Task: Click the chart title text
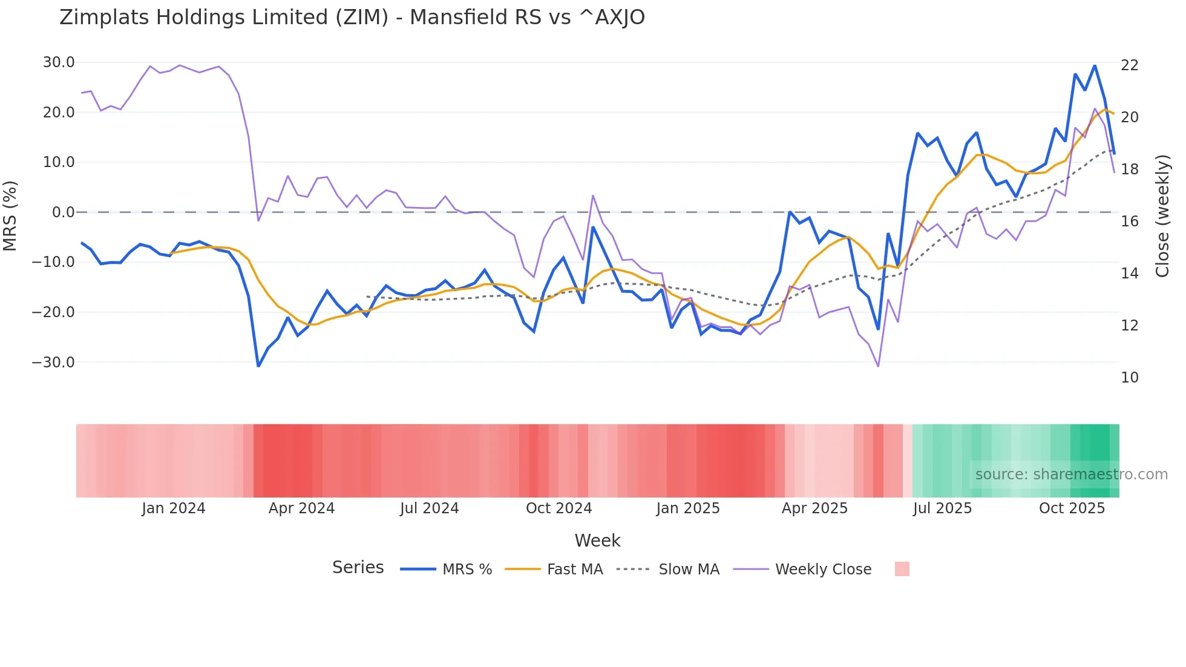[352, 18]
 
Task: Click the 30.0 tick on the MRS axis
[59, 62]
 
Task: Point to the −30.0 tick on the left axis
[54, 363]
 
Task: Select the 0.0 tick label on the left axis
[64, 212]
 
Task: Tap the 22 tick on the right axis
[1130, 65]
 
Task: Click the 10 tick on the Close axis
[1130, 378]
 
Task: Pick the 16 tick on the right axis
[1130, 222]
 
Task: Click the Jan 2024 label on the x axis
[174, 508]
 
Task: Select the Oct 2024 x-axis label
[559, 508]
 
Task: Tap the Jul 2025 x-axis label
[942, 508]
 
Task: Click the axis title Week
[597, 540]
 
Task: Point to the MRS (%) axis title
[10, 216]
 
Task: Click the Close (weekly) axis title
[1162, 216]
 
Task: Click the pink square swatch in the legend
[902, 569]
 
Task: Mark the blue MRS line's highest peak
[1095, 65]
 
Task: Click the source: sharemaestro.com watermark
[1071, 475]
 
